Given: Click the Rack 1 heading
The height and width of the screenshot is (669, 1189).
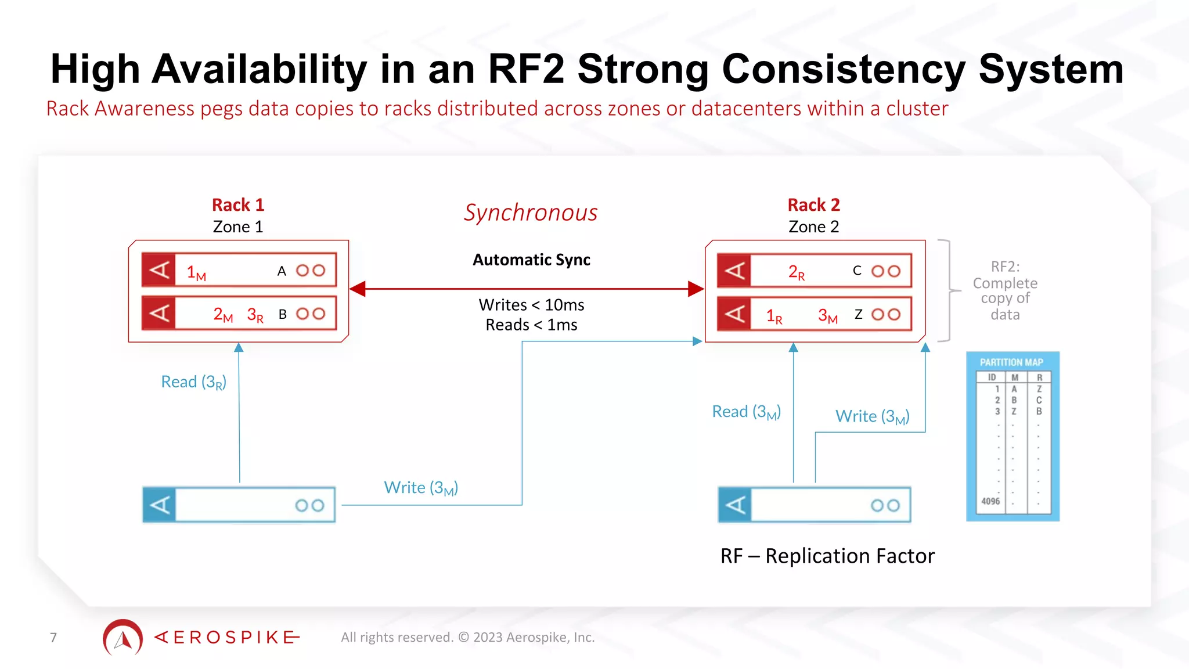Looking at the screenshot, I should (238, 205).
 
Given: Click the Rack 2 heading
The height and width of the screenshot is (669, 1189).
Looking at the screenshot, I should (813, 205).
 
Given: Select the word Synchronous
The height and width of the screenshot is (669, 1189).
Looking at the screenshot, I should (530, 213).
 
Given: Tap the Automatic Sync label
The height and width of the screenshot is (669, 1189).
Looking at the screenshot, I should (531, 260).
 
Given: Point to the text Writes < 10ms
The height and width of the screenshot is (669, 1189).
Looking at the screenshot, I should (531, 305).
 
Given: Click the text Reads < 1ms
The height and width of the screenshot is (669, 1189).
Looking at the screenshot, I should (531, 325).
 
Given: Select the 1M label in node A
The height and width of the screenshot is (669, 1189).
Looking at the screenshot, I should (196, 272).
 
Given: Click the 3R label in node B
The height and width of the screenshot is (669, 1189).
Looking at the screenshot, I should (255, 315).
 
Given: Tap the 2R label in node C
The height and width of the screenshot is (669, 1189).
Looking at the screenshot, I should (796, 272).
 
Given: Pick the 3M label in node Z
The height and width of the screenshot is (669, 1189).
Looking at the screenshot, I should (827, 316).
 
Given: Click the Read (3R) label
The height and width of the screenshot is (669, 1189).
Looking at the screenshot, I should (193, 382).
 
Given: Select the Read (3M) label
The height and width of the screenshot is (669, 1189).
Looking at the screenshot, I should (746, 412).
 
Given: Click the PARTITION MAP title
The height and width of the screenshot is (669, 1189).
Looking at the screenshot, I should (1011, 362).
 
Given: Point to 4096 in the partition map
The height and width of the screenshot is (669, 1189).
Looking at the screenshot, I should (990, 501).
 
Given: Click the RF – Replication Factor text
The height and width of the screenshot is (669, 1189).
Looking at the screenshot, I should (827, 556).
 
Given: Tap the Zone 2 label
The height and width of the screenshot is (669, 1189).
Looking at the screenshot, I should (813, 226).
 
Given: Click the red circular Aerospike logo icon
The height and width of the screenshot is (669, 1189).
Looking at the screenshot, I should (123, 638).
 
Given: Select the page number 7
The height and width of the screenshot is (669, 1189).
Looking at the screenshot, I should (53, 638).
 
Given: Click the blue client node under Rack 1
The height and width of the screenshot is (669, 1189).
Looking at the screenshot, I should (239, 505).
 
